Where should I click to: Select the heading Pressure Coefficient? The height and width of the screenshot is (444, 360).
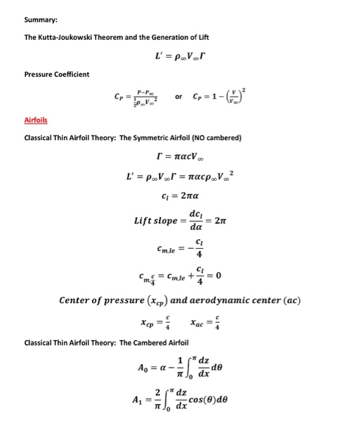(56, 74)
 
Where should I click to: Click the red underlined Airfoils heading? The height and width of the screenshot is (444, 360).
(35, 120)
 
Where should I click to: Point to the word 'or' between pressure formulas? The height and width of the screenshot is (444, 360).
(178, 97)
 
